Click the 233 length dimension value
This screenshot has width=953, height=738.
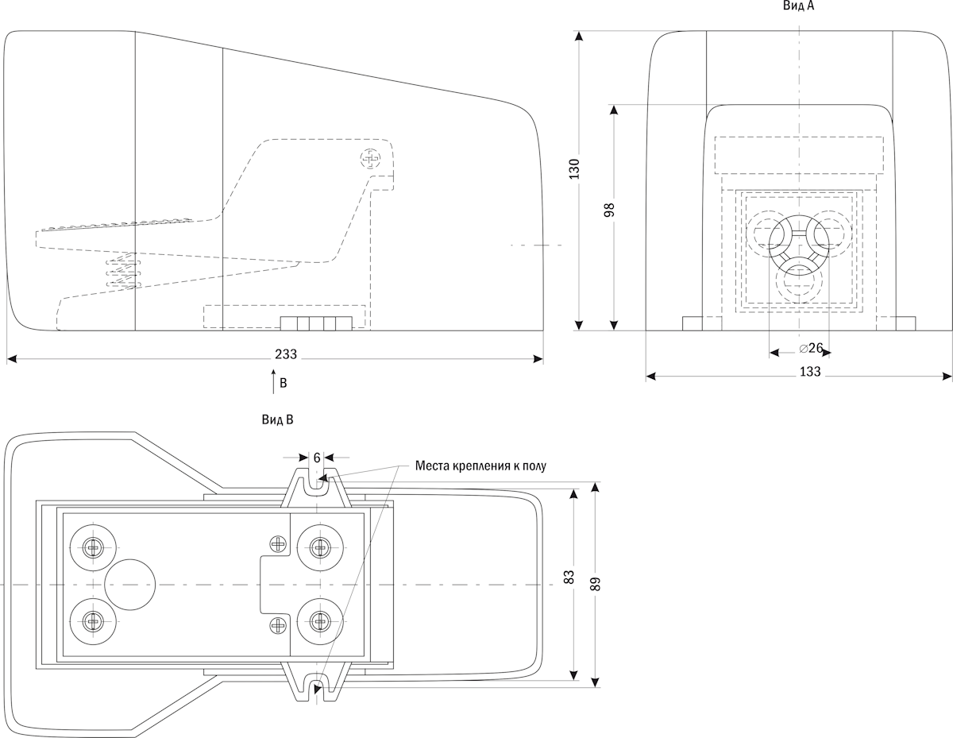pos(276,354)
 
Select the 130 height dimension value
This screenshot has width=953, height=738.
pos(573,170)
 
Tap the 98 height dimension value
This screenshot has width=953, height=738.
pos(609,210)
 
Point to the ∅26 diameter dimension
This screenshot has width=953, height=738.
pos(810,348)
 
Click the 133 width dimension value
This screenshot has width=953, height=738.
pos(810,371)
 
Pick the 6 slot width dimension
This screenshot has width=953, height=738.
pos(316,458)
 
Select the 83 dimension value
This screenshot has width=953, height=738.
pos(569,578)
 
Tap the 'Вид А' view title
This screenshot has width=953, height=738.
pos(798,6)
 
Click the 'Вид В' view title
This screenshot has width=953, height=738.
pos(278,419)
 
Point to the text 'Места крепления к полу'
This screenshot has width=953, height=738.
pos(481,466)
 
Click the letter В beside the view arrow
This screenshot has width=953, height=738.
pos(283,383)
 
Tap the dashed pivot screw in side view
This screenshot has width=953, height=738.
pos(371,159)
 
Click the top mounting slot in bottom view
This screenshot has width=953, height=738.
pos(316,484)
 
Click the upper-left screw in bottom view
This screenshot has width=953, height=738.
pos(93,547)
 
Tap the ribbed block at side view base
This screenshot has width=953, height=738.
pos(317,323)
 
